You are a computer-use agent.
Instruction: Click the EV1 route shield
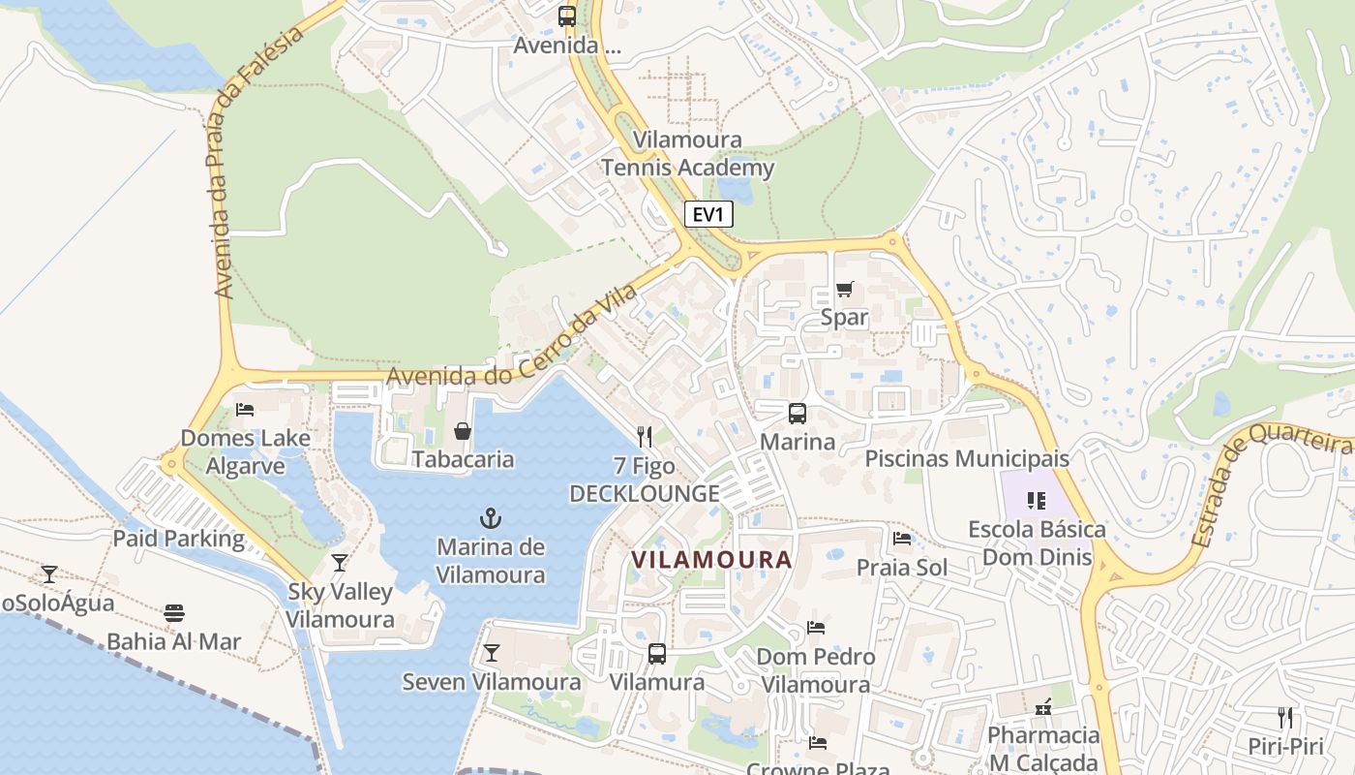[708, 214]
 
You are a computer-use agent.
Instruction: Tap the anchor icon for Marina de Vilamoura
[491, 518]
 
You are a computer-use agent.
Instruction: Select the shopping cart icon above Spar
[845, 289]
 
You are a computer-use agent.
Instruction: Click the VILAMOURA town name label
[711, 559]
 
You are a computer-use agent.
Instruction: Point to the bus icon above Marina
[797, 414]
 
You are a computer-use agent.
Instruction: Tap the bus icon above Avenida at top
[567, 16]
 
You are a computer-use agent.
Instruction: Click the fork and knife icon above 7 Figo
[645, 437]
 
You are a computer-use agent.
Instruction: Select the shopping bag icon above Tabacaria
[463, 430]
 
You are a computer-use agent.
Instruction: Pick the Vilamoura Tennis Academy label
[688, 154]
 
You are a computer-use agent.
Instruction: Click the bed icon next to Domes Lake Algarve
[245, 409]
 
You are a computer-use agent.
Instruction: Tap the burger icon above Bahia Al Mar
[174, 613]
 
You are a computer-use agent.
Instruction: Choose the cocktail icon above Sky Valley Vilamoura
[340, 563]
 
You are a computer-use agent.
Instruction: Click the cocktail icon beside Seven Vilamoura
[492, 653]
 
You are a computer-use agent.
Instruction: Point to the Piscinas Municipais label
[967, 458]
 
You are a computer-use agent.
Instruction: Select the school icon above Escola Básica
[1037, 501]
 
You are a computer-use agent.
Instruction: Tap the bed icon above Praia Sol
[902, 539]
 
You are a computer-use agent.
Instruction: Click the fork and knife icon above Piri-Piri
[1285, 718]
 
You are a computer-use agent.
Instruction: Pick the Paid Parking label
[179, 539]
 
